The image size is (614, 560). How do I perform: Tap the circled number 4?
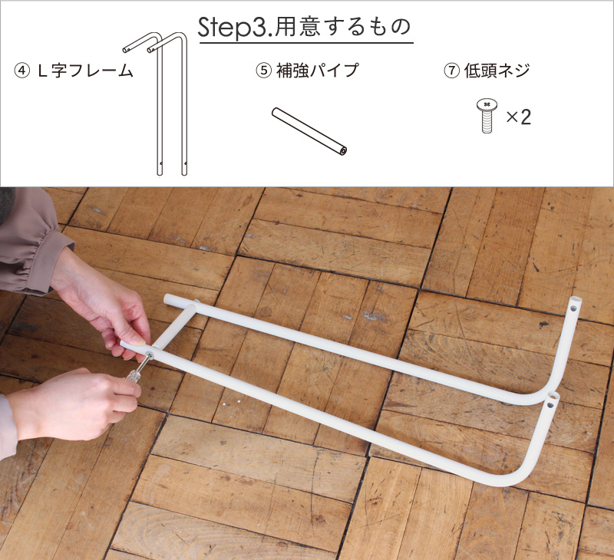pyautogui.click(x=21, y=71)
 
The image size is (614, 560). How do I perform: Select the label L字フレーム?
pyautogui.click(x=85, y=71)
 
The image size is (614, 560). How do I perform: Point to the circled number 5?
pyautogui.click(x=263, y=71)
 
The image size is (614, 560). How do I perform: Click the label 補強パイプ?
pyautogui.click(x=318, y=71)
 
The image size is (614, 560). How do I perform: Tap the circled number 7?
pyautogui.click(x=451, y=71)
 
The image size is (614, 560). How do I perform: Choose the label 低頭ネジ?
pyautogui.click(x=497, y=71)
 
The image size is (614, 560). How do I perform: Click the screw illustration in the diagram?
pyautogui.click(x=487, y=115)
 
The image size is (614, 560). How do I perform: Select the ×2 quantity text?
pyautogui.click(x=519, y=117)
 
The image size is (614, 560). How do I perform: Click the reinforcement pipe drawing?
pyautogui.click(x=309, y=132)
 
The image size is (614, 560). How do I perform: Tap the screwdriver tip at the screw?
pyautogui.click(x=149, y=355)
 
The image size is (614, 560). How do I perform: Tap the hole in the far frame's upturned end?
pyautogui.click(x=574, y=308)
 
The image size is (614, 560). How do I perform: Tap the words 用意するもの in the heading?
pyautogui.click(x=343, y=27)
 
